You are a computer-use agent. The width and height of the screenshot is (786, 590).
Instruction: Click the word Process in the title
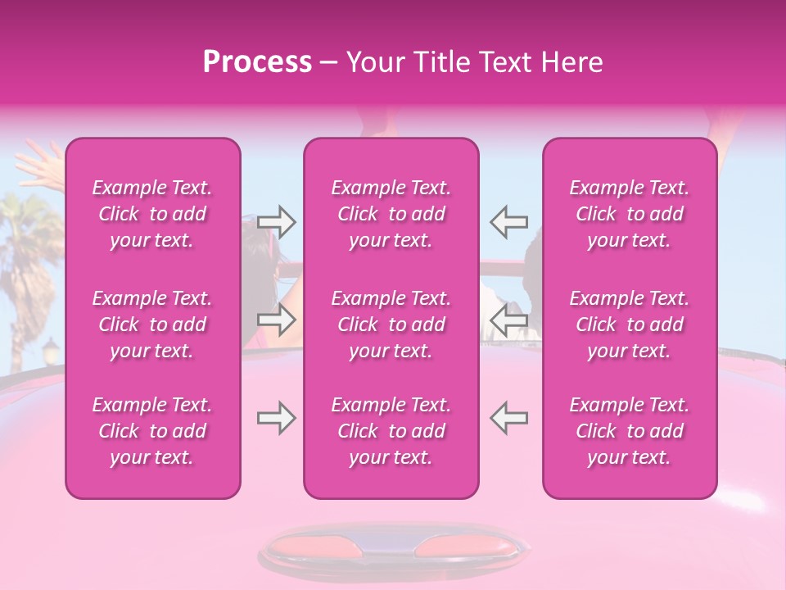(x=257, y=62)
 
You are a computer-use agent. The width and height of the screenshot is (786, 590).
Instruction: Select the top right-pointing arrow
(x=277, y=220)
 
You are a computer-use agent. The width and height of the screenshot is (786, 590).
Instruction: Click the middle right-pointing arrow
(x=277, y=320)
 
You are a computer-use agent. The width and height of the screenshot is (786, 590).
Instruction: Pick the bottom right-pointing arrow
(x=277, y=419)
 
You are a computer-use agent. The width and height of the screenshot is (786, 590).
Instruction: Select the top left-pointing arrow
(x=508, y=220)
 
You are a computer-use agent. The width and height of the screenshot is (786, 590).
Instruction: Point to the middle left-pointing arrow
(x=508, y=320)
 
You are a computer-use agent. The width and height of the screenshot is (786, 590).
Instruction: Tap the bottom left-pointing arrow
(x=508, y=419)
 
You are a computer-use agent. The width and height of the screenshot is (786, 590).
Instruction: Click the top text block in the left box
(x=152, y=214)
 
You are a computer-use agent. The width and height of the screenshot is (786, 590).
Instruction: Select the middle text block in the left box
(x=152, y=324)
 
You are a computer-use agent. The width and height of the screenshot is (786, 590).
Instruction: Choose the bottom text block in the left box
(x=152, y=431)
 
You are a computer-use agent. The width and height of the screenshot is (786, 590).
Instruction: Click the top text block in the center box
(x=391, y=214)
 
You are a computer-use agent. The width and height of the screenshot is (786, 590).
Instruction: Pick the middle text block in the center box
(x=391, y=324)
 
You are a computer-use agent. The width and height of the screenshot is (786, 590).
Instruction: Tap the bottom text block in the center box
(x=391, y=431)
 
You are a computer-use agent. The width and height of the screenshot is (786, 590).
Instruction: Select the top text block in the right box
(x=630, y=214)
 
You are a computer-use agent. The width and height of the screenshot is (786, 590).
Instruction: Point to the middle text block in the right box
(x=630, y=324)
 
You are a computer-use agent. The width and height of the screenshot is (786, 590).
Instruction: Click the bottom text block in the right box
(x=630, y=431)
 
